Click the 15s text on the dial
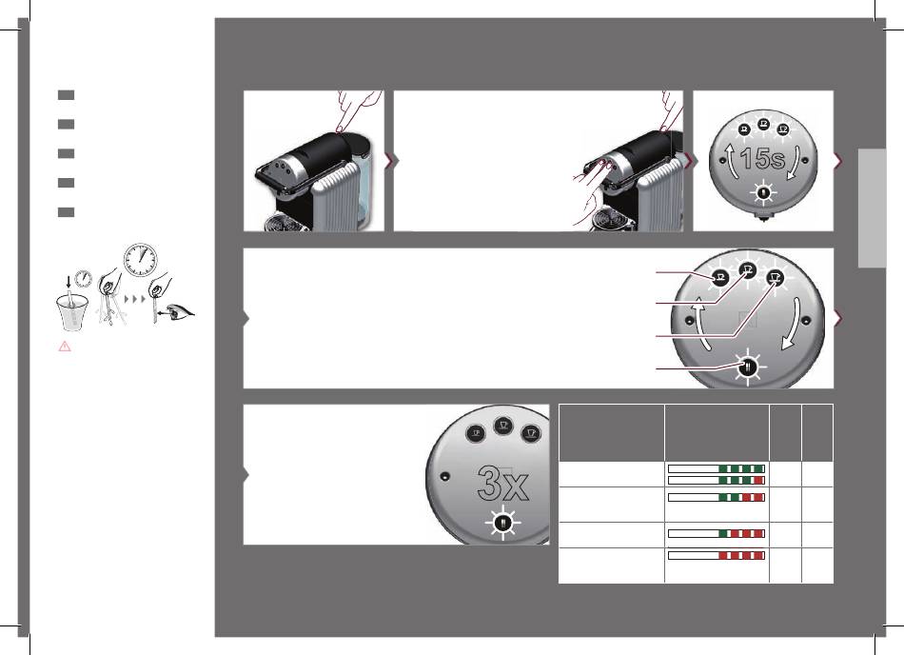[762, 159]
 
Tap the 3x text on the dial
[502, 484]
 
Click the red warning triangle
[65, 346]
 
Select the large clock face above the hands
[140, 260]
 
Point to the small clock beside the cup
[84, 279]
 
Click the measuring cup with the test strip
[73, 312]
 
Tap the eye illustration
[178, 312]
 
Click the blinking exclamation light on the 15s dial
[762, 192]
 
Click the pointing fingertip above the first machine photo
[341, 128]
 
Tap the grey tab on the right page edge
[872, 208]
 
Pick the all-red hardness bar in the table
[717, 556]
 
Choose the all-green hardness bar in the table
[717, 468]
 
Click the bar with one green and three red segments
[717, 534]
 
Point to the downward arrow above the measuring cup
[69, 282]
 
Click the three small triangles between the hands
[135, 299]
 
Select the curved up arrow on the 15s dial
[731, 162]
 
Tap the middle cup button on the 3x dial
[503, 426]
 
